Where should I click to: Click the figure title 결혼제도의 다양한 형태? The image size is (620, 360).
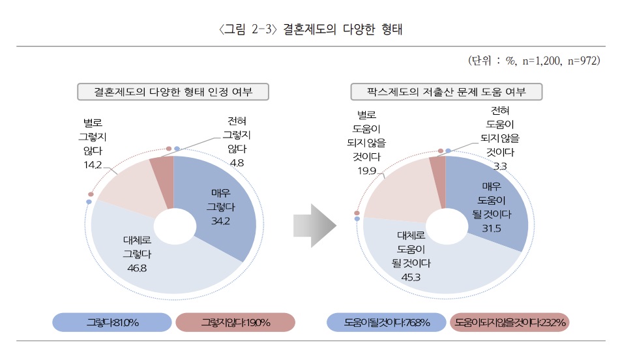[310, 29]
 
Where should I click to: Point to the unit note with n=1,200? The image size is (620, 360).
[534, 61]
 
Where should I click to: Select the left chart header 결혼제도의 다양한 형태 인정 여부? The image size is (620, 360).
[173, 92]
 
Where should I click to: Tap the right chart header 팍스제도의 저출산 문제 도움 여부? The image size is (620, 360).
[447, 92]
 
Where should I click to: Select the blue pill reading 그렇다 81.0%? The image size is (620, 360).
[112, 322]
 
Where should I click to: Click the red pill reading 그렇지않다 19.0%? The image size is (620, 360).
[235, 322]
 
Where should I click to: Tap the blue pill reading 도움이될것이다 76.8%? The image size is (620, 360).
[385, 322]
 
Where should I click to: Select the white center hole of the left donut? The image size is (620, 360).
[174, 226]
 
